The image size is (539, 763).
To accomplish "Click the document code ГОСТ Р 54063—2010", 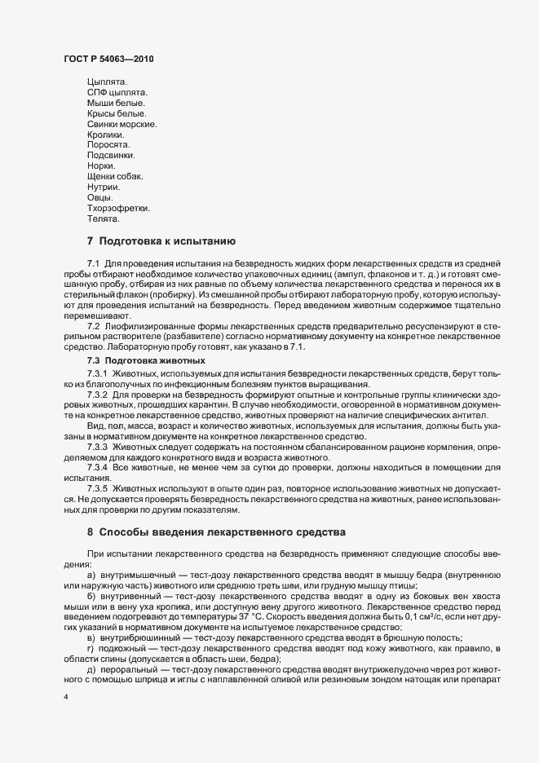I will pyautogui.click(x=108, y=59).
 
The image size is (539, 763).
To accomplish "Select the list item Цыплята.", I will pyautogui.click(x=107, y=82).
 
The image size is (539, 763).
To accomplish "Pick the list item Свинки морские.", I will pyautogui.click(x=121, y=124).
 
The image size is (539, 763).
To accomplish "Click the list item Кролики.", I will pyautogui.click(x=105, y=135).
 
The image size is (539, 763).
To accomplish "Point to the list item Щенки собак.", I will pyautogui.click(x=115, y=177).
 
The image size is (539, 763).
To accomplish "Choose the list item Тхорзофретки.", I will pyautogui.click(x=118, y=209).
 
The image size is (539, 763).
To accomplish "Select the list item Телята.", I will pyautogui.click(x=104, y=219).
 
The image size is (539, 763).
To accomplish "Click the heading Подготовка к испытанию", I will pyautogui.click(x=167, y=241).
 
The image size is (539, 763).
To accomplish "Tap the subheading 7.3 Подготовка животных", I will pyautogui.click(x=146, y=359).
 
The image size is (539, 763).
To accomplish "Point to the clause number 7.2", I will pyautogui.click(x=93, y=324).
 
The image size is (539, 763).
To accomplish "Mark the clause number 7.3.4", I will pyautogui.click(x=97, y=467).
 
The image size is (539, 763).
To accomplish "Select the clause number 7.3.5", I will pyautogui.click(x=97, y=489).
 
